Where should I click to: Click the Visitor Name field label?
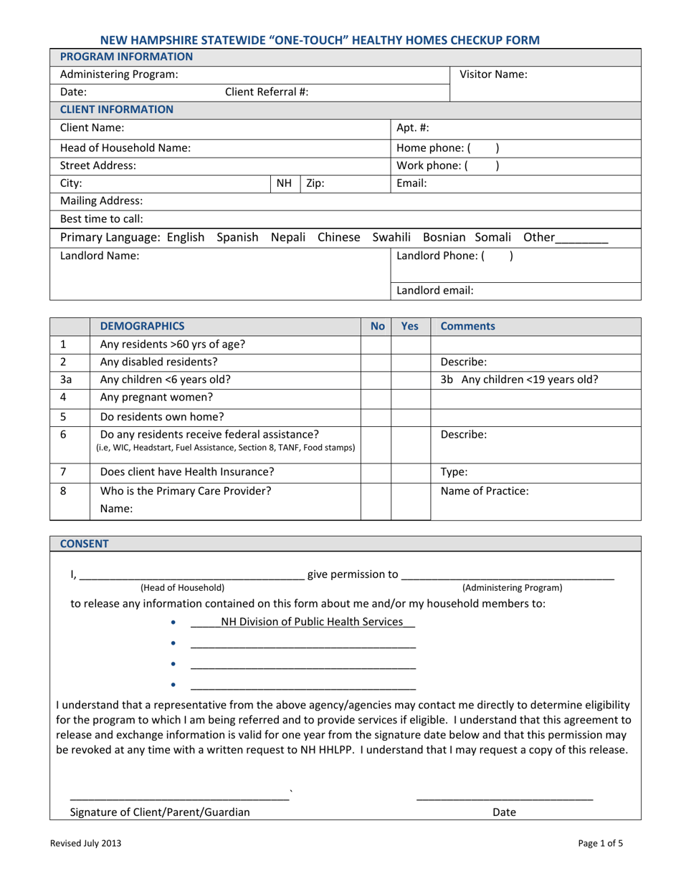[x=493, y=74]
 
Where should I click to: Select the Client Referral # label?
[x=267, y=92]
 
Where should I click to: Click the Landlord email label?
[x=435, y=291]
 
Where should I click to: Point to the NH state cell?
[x=284, y=183]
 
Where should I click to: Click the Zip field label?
[x=315, y=183]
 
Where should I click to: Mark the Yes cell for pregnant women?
[x=410, y=397]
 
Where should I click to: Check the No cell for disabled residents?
[x=376, y=362]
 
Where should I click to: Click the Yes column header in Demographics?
[x=410, y=327]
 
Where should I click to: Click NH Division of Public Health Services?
[x=312, y=622]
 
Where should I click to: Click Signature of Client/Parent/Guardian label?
[x=161, y=812]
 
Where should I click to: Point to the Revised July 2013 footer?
[x=85, y=844]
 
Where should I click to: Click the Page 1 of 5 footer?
[x=601, y=844]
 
